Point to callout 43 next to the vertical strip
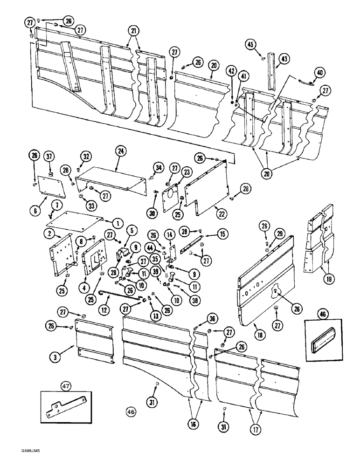[x=284, y=58]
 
